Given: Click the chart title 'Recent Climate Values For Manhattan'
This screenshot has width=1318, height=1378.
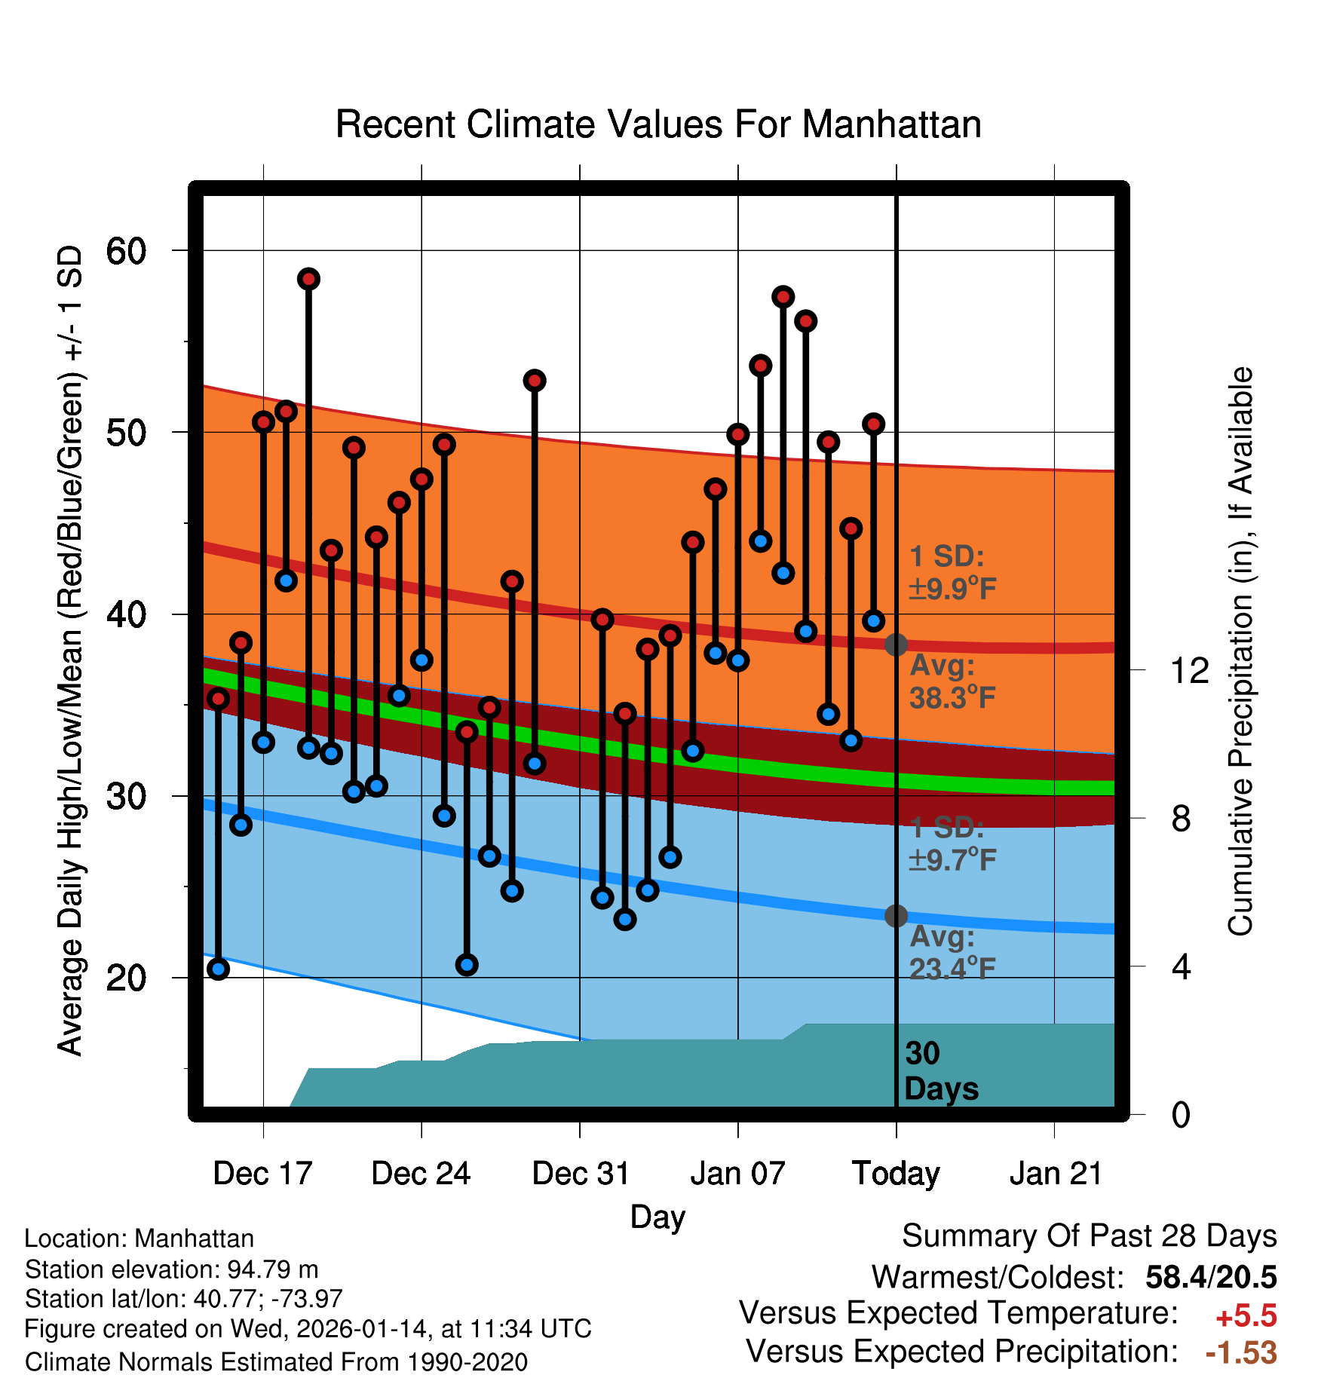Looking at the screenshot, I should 658,124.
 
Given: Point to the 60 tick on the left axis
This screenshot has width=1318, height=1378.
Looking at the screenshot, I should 126,251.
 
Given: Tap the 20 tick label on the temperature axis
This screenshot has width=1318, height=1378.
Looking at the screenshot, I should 126,978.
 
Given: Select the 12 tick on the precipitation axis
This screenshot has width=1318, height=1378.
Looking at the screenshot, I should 1190,670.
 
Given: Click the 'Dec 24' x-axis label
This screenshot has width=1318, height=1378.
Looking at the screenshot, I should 421,1174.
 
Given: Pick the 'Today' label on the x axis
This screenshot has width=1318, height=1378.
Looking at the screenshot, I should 896,1174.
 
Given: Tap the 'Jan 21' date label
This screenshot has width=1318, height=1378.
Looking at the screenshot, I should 1056,1174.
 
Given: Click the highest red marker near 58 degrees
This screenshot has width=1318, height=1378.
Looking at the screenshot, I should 308,279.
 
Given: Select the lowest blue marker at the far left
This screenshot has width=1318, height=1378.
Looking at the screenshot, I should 219,969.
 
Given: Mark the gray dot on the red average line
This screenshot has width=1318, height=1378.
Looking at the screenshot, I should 896,645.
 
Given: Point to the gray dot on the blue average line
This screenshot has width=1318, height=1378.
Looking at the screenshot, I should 896,916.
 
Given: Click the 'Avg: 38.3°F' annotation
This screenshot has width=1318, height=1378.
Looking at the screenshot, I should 952,681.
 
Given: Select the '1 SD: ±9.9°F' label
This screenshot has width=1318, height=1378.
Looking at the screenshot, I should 952,572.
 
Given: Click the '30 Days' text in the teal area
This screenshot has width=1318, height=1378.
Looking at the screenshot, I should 940,1071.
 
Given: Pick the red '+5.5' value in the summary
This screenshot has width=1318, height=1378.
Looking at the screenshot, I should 1246,1316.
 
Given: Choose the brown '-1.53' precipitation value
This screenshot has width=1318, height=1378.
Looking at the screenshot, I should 1241,1352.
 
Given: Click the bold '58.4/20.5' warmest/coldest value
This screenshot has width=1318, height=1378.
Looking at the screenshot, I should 1211,1277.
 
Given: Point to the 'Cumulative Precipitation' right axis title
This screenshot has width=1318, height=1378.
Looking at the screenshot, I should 1240,652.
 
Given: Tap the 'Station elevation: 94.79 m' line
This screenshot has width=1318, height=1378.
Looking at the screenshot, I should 171,1269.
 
